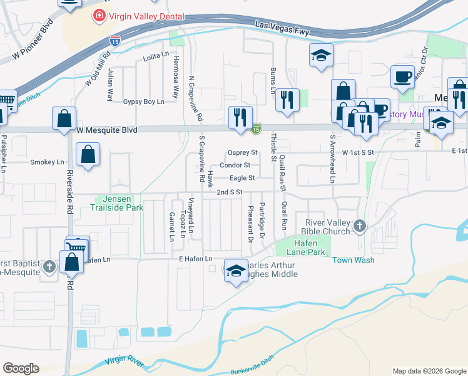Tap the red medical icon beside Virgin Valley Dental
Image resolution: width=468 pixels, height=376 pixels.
pyautogui.click(x=99, y=16)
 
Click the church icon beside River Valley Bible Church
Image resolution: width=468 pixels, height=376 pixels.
pyautogui.click(x=359, y=226)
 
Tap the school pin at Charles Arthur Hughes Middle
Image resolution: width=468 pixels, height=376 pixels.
pyautogui.click(x=235, y=271)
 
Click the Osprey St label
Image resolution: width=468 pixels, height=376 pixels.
pyautogui.click(x=243, y=152)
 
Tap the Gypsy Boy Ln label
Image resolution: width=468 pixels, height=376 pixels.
pyautogui.click(x=144, y=102)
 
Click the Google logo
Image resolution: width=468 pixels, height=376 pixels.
pyautogui.click(x=21, y=368)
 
